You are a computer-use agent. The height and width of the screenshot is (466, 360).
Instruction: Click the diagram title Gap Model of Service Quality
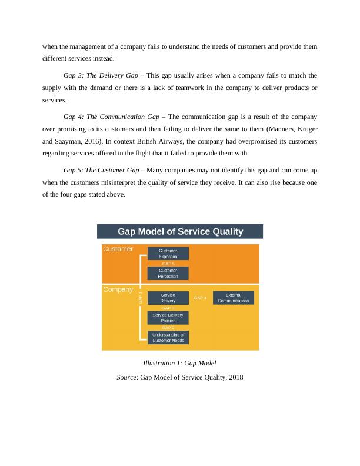[181, 231]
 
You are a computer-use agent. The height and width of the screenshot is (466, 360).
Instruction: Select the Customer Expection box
[168, 254]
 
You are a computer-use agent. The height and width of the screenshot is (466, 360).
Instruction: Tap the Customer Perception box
[168, 273]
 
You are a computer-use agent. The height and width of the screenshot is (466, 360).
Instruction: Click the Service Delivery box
[168, 298]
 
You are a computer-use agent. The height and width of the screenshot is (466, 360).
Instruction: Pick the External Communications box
[233, 298]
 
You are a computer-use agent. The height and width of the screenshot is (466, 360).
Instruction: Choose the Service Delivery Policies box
[168, 318]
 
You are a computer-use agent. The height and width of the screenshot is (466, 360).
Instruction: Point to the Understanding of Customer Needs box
[168, 337]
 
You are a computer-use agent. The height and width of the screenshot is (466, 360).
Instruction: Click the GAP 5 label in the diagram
[168, 264]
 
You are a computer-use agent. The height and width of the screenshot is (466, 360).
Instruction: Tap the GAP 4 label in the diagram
[200, 298]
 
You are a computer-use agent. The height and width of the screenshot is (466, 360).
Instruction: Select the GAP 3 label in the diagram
[168, 308]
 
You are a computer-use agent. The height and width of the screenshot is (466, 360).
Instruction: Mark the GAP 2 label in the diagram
[168, 328]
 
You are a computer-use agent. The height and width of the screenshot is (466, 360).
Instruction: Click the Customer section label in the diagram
[118, 249]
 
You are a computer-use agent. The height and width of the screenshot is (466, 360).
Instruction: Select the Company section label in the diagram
[118, 289]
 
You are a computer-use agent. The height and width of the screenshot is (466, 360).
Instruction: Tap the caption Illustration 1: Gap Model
[180, 363]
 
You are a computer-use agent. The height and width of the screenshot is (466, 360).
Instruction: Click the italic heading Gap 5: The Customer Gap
[101, 171]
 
